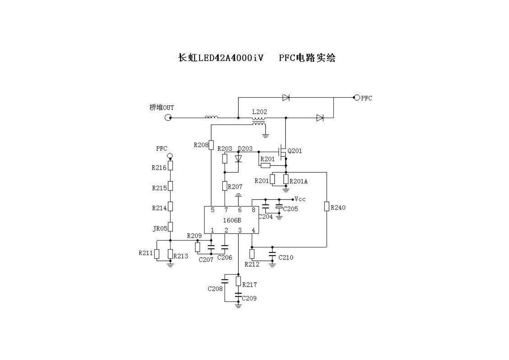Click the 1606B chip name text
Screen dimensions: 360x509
click(x=232, y=220)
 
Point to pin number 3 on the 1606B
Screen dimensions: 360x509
click(x=240, y=230)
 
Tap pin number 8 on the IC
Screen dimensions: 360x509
click(x=253, y=210)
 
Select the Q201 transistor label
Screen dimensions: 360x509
click(x=294, y=151)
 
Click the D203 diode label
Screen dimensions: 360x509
click(x=245, y=149)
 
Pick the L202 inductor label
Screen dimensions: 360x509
click(x=259, y=112)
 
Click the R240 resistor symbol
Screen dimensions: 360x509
click(x=327, y=207)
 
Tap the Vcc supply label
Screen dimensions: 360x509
click(x=300, y=199)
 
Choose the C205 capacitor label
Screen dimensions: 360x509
click(x=290, y=209)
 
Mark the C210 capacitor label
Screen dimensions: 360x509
click(x=286, y=257)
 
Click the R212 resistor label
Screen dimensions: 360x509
click(x=252, y=264)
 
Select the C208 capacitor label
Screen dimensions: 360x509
click(x=215, y=289)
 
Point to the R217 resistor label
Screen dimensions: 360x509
click(x=249, y=285)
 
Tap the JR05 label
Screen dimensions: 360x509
click(x=160, y=228)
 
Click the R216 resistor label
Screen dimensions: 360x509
click(x=159, y=167)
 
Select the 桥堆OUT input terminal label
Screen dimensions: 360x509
click(x=162, y=108)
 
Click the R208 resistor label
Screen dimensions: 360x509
click(x=201, y=145)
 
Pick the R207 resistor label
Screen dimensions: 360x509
click(x=235, y=187)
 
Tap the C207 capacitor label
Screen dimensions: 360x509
click(x=206, y=260)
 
